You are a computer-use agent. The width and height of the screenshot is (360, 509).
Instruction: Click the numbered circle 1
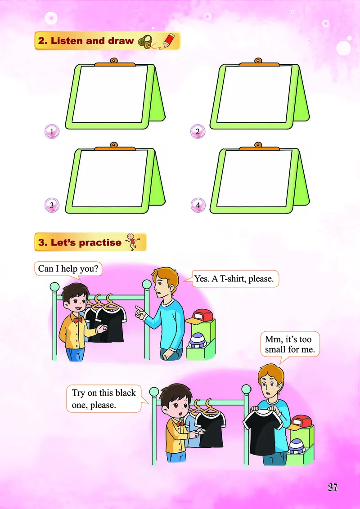tap(52, 132)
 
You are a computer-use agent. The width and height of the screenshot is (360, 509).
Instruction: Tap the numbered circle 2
tap(198, 132)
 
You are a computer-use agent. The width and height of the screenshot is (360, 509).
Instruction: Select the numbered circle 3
tap(52, 205)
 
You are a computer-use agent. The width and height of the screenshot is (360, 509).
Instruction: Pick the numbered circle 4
tap(198, 205)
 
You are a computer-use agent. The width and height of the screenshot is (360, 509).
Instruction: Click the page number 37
tap(333, 487)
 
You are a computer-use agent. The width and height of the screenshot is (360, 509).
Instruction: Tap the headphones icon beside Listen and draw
tap(145, 42)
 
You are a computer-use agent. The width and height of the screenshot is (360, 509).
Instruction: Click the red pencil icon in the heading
tap(168, 40)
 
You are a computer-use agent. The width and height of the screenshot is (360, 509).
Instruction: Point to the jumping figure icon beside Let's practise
tap(131, 241)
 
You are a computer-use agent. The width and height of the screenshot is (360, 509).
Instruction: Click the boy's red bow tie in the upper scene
tap(78, 320)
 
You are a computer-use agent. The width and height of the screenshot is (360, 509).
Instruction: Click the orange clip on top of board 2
tap(259, 63)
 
